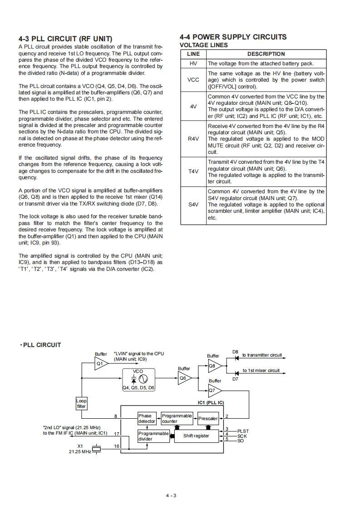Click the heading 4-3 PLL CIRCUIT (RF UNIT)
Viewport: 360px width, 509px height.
[65, 39]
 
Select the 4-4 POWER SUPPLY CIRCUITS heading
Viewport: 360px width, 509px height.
[233, 37]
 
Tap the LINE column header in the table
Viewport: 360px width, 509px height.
[193, 54]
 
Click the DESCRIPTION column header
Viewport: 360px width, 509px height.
[266, 54]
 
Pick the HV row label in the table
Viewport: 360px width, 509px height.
[193, 64]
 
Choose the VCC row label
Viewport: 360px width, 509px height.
[193, 80]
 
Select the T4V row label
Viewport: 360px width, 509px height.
[193, 171]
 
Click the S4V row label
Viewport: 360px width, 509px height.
[193, 205]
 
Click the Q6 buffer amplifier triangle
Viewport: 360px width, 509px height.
[184, 377]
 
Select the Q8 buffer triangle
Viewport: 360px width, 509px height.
[214, 365]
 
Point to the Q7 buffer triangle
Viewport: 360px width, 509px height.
[214, 390]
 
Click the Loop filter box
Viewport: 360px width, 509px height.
[81, 404]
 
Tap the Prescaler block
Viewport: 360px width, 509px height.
[208, 418]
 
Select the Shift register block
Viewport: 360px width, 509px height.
[196, 436]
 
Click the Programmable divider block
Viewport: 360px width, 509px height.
[153, 436]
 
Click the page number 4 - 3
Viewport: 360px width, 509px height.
[171, 495]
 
